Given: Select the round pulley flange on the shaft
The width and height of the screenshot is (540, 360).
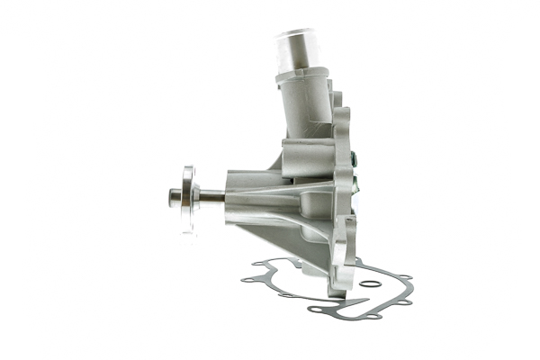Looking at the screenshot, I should coord(188,198).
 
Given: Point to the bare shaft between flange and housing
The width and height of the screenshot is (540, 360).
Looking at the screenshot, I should coord(211,196).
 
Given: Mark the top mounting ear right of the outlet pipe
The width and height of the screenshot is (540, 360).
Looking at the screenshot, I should coord(341,112).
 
